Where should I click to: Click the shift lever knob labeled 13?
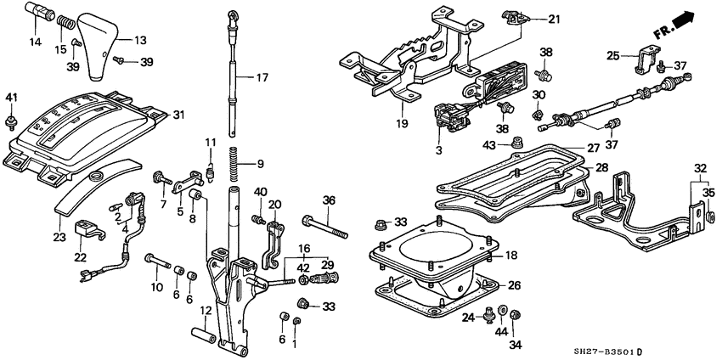102,48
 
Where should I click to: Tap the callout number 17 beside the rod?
262,78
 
